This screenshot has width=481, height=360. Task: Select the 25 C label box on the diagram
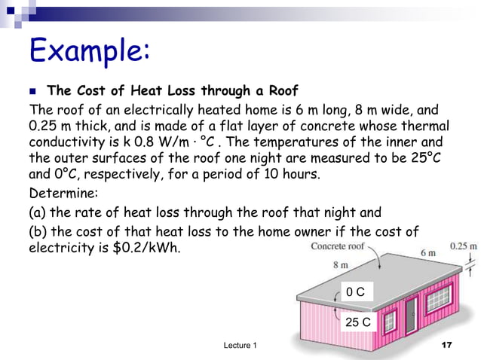358,322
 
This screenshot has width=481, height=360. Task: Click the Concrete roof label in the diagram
338,246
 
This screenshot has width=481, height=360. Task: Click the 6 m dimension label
427,252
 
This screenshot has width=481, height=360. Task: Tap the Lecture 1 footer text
240,345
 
